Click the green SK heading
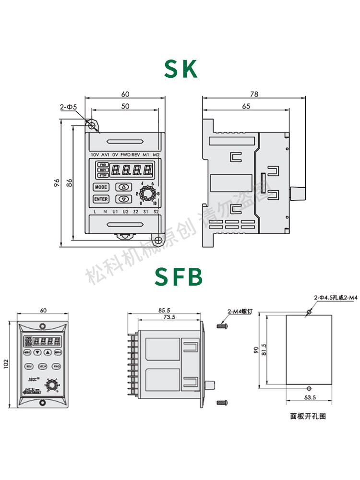tap(180, 69)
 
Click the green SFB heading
tap(179, 277)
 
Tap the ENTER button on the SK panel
tap(101, 199)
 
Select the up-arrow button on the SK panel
tap(124, 187)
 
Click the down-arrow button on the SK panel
tap(124, 199)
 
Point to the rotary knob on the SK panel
tap(147, 193)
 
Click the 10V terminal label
tap(95, 155)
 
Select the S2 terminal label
tap(156, 212)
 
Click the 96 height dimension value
tap(56, 183)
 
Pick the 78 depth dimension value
tap(254, 95)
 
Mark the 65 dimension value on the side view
tap(245, 107)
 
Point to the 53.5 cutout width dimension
tap(310, 397)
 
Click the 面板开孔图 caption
tap(308, 416)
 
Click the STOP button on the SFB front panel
tap(43, 366)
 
